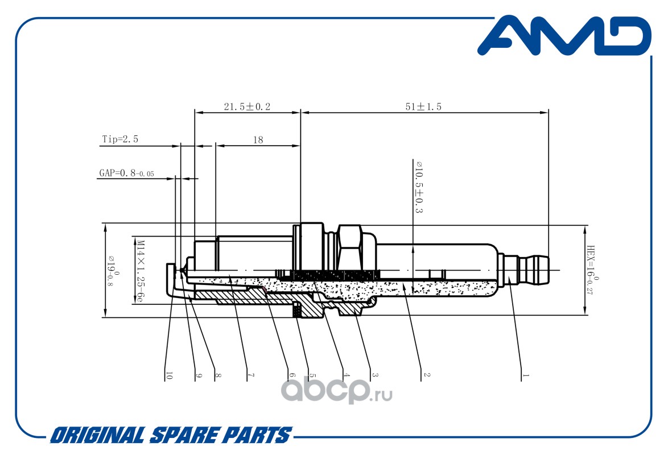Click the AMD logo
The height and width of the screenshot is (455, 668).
pos(564,36)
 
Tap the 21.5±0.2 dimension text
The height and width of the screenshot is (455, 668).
pos(247,106)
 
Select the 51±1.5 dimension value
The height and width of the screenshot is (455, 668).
pos(423,106)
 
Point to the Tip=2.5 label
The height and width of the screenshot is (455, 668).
pos(120,139)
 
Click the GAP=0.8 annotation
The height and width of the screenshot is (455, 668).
pos(126,173)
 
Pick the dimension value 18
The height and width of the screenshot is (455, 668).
pos(258,140)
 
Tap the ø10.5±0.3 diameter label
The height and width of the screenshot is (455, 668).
pos(419,187)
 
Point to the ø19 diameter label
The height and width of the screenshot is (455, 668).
pos(112,271)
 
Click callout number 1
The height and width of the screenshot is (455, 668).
pos(526,375)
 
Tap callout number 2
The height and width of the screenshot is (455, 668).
pos(427,375)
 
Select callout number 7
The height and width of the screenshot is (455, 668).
pos(251,375)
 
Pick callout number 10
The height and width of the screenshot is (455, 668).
pos(169,375)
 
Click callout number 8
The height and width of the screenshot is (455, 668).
pos(218,375)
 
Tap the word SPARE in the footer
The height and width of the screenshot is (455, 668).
pos(184,436)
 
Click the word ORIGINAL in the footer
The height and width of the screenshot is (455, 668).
pos(97,436)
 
